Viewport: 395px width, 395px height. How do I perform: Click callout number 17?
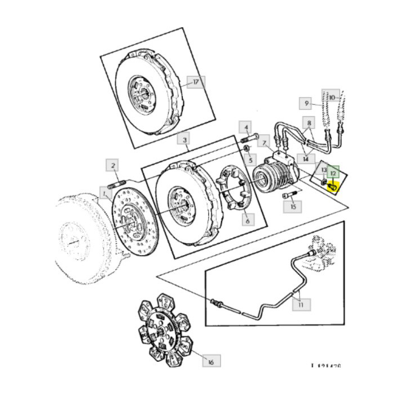click(x=195, y=82)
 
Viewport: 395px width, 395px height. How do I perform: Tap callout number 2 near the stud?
click(x=113, y=165)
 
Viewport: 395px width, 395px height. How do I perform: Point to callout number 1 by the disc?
click(x=104, y=192)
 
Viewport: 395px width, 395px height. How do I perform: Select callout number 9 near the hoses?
click(x=306, y=103)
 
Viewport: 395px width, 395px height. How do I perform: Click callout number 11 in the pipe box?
click(x=300, y=305)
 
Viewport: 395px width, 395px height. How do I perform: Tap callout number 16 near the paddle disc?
click(x=211, y=361)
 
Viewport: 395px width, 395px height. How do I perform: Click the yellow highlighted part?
click(x=333, y=185)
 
